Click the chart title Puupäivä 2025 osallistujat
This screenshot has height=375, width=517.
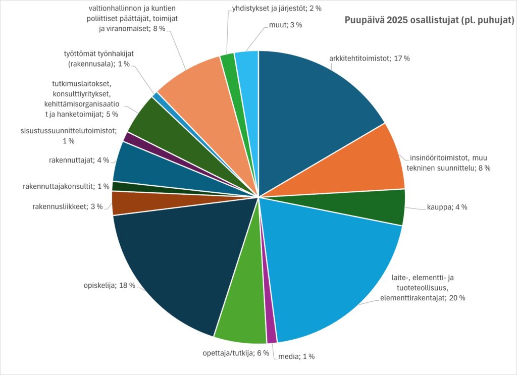click(429, 20)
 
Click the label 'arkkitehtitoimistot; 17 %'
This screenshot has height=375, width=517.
click(370, 59)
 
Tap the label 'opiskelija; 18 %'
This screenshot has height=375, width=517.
click(109, 286)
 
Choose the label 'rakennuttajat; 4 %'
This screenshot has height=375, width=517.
click(79, 160)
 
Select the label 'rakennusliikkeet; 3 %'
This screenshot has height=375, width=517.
click(68, 206)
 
